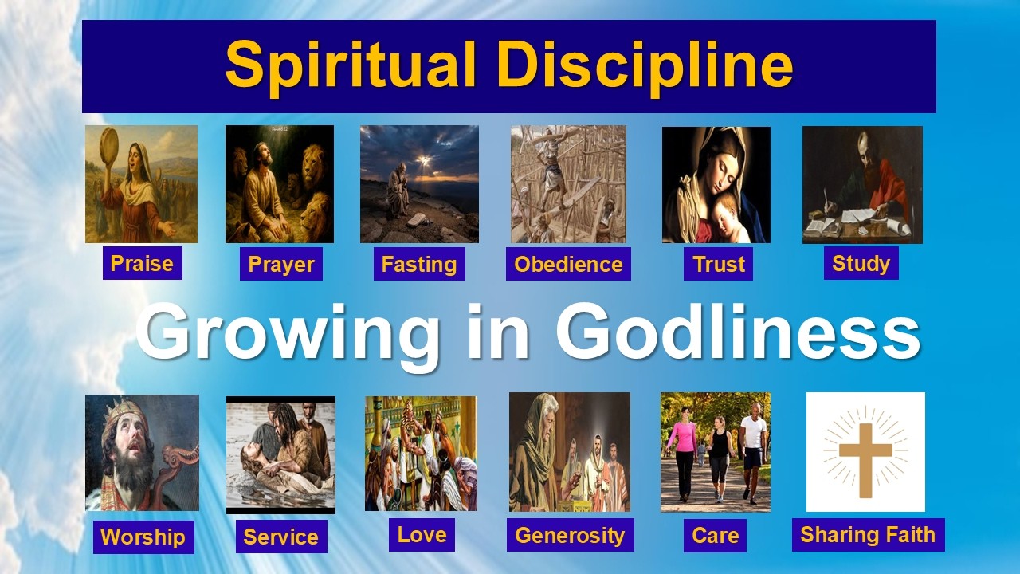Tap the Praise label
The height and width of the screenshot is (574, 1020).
[142, 263]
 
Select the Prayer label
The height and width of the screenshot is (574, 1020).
[280, 264]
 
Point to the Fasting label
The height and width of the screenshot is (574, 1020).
[418, 264]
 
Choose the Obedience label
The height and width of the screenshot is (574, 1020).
[568, 264]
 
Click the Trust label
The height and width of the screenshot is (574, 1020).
[718, 264]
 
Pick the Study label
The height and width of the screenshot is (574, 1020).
[861, 263]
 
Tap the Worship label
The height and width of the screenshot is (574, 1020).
[143, 537]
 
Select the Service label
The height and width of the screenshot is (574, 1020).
[280, 537]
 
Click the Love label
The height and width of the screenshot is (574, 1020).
[422, 534]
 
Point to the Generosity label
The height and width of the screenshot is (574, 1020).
[570, 534]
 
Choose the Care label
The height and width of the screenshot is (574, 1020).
[715, 535]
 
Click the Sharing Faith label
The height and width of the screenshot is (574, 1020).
[868, 533]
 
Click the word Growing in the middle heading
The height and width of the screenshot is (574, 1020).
[288, 334]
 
